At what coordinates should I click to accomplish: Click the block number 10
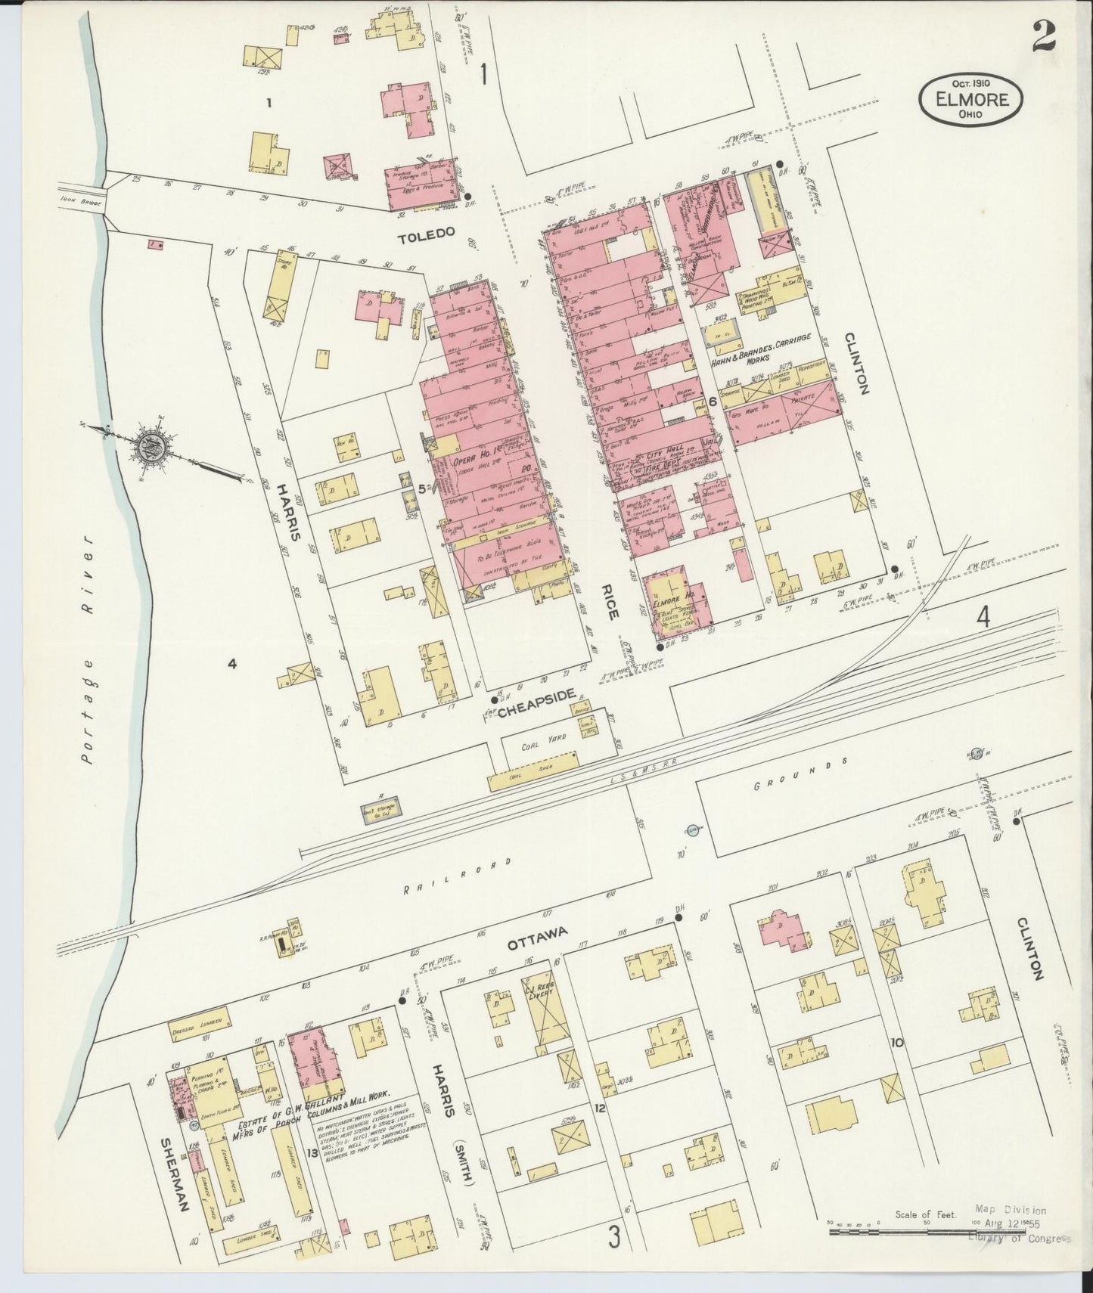[x=897, y=1043]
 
